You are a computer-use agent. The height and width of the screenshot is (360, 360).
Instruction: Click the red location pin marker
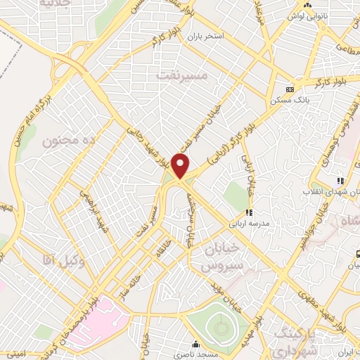click(181, 165)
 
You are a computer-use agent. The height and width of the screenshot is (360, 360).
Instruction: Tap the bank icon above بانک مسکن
click(290, 89)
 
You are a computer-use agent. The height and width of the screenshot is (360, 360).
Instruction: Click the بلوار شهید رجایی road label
click(149, 145)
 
